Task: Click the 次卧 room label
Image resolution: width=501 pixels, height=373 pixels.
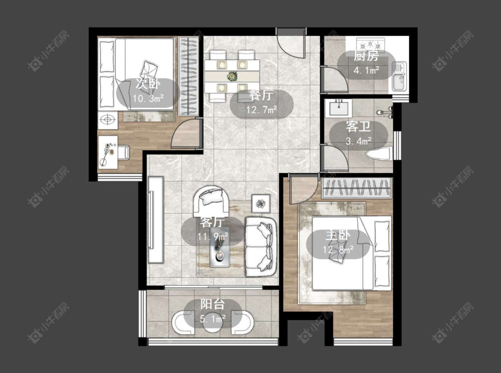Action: click(x=147, y=84)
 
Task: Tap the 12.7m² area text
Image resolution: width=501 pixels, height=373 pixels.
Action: click(x=261, y=110)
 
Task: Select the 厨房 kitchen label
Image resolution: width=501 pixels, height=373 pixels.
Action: click(x=366, y=56)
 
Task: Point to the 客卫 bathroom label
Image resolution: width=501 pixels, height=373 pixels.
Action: click(x=358, y=127)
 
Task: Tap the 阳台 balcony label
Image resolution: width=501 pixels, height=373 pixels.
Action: click(x=213, y=304)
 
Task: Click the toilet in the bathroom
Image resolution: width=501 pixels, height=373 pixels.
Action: click(x=379, y=154)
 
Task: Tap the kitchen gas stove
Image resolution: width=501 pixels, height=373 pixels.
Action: click(x=371, y=43)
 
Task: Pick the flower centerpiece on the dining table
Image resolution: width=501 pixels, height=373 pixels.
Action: click(x=231, y=76)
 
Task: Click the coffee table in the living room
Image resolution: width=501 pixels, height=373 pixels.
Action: click(x=220, y=247)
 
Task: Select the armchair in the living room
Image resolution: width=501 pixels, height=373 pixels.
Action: click(x=211, y=201)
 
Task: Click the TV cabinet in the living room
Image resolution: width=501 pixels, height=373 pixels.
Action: click(x=156, y=220)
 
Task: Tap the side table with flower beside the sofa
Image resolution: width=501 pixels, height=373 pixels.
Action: click(x=261, y=203)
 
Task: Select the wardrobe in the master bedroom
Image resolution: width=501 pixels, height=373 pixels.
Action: click(x=357, y=188)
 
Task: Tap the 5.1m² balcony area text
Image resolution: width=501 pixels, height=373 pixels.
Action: click(x=213, y=318)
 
